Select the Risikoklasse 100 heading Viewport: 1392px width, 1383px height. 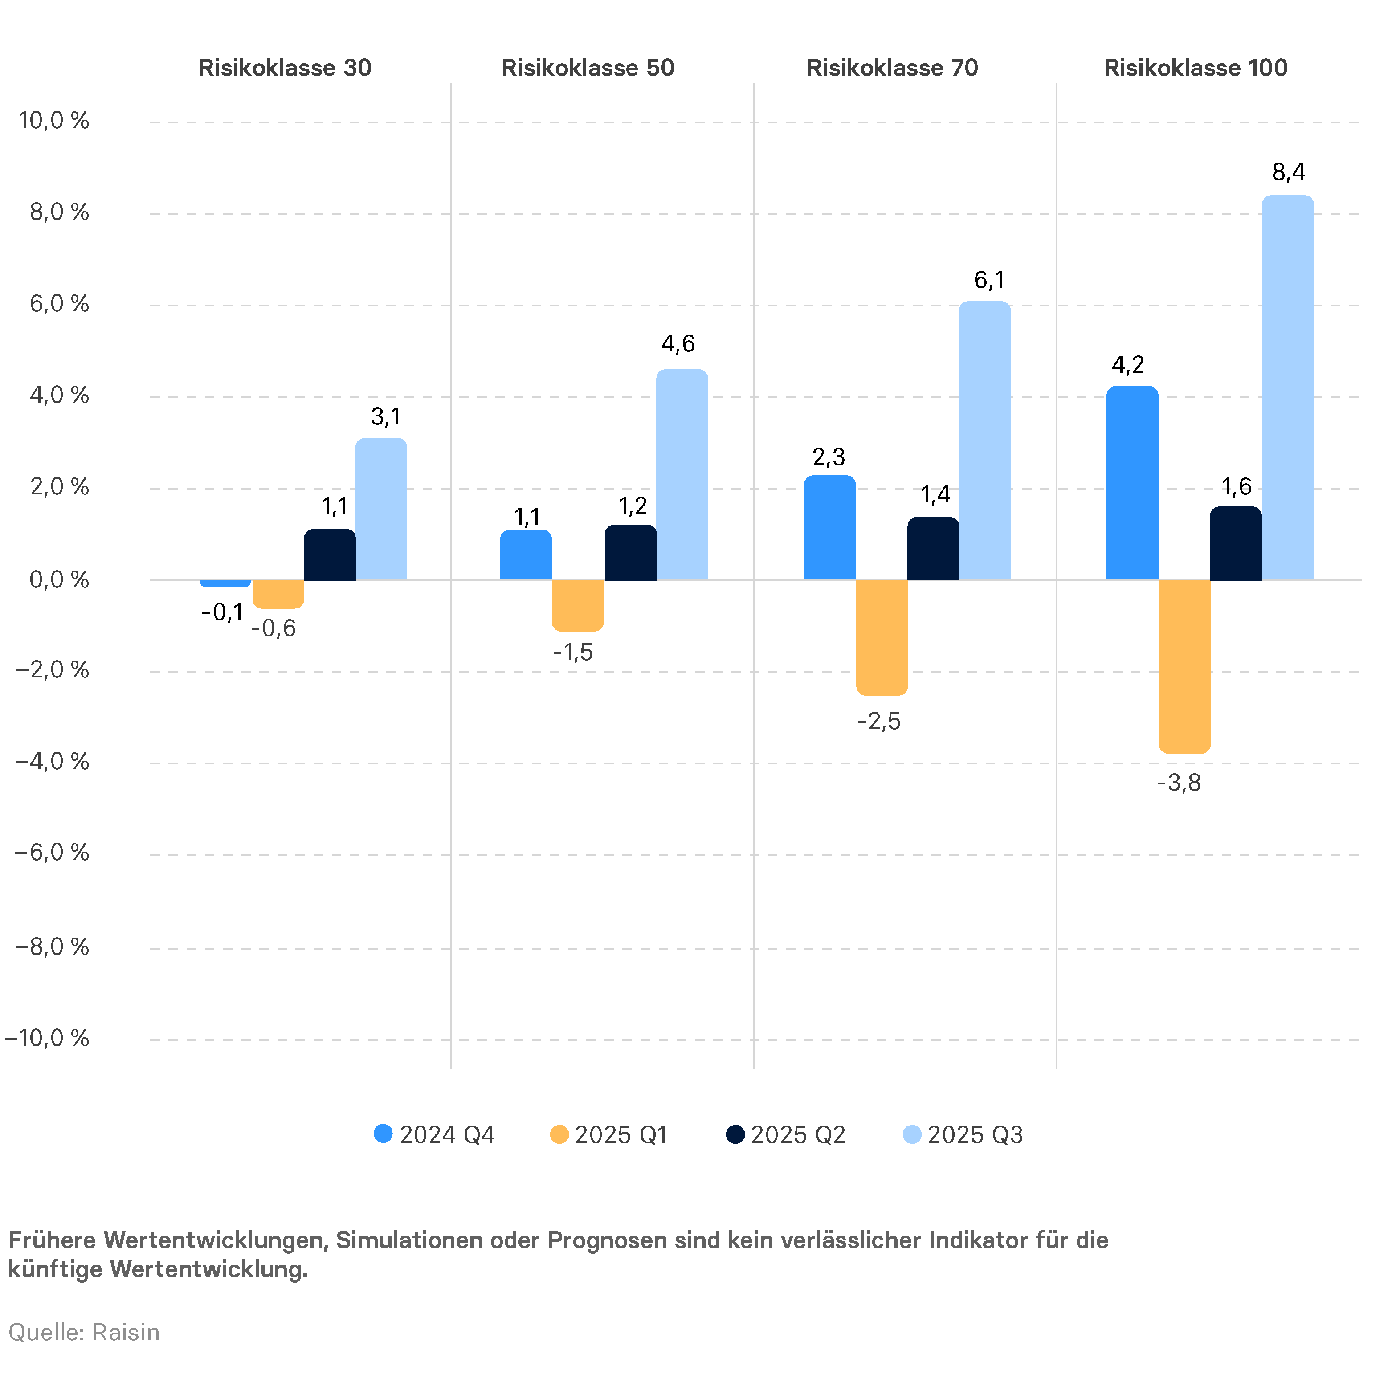pos(1195,68)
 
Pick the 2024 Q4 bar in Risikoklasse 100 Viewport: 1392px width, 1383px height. pos(1132,483)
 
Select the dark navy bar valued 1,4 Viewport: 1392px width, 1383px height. pos(933,549)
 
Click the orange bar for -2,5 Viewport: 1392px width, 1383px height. pos(882,637)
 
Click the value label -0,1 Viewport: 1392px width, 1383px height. pos(222,613)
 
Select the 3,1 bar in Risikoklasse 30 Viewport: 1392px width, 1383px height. pos(381,509)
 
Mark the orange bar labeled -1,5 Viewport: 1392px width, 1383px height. pos(578,605)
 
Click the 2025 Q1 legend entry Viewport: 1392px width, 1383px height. pos(609,1135)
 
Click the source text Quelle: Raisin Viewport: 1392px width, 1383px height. pos(84,1333)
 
